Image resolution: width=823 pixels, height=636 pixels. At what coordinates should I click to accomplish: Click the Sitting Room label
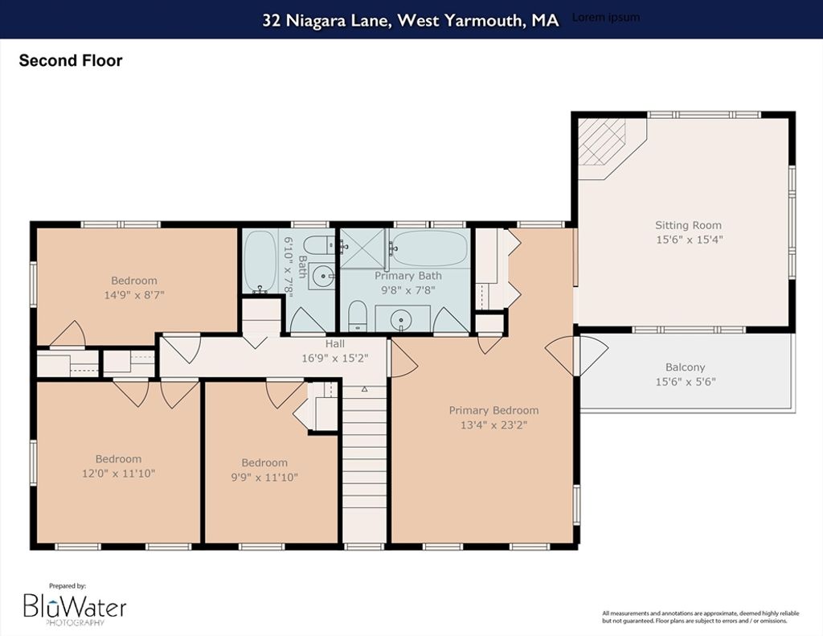pos(688,225)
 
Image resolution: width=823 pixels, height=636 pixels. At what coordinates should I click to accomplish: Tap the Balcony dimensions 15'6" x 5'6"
pos(685,382)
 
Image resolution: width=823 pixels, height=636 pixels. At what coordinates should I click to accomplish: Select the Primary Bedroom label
pos(493,410)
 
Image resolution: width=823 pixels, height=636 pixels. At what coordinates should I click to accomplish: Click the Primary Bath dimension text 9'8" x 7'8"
pos(408,290)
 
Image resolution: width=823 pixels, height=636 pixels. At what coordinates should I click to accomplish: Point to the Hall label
pos(335,344)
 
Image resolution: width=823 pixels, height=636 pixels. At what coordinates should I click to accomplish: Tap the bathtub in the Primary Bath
pos(430,248)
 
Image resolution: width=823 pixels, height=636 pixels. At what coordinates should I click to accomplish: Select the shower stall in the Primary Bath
pos(362,248)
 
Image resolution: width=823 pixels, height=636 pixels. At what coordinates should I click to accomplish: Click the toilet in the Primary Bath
pos(357,316)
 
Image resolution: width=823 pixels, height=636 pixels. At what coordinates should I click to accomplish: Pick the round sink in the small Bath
pos(321,276)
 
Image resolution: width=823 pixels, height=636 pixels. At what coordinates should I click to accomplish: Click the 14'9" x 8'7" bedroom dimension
pos(134,294)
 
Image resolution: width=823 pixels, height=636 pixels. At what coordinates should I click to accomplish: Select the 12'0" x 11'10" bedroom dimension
pos(119,474)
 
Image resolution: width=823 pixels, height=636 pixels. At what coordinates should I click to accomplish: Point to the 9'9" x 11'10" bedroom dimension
pos(264,477)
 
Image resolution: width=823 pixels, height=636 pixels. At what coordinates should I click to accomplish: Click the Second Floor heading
pos(71,60)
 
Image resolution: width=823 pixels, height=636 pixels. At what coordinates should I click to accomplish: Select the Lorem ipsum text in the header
pos(606,18)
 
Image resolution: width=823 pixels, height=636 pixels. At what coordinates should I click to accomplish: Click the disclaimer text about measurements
pos(701,617)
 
